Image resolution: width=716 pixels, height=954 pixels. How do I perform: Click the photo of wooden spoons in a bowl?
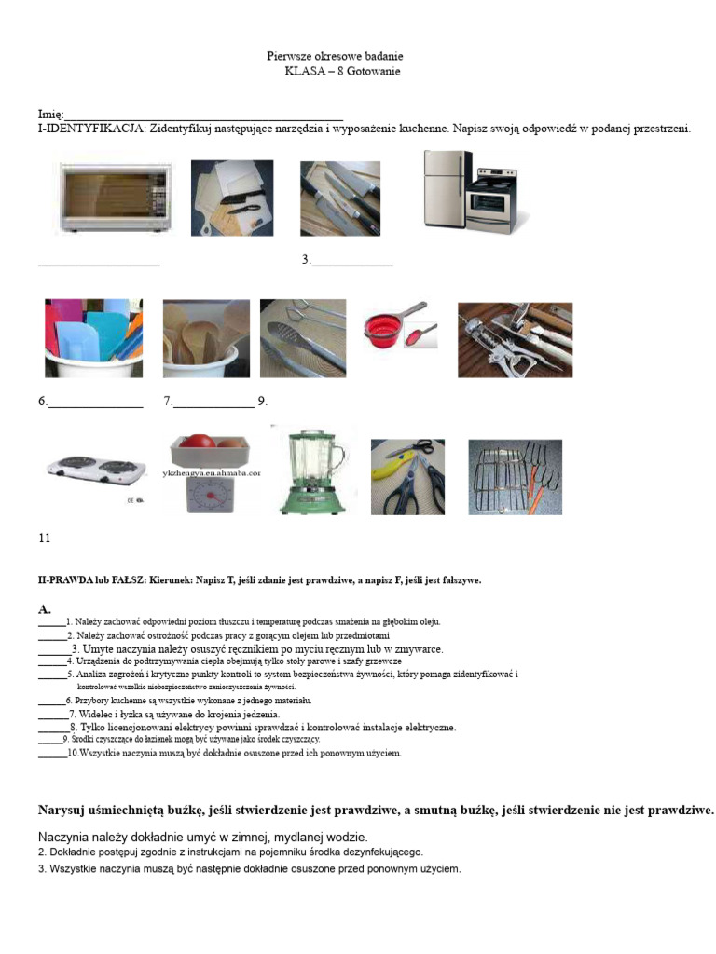pyautogui.click(x=206, y=337)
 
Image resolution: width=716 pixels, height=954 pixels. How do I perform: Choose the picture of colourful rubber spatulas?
pyautogui.click(x=93, y=337)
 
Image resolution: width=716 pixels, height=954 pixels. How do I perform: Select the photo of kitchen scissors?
pyautogui.click(x=407, y=477)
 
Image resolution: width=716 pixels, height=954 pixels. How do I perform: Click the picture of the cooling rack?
pyautogui.click(x=515, y=477)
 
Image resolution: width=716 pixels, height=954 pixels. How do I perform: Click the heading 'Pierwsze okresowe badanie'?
pyautogui.click(x=335, y=57)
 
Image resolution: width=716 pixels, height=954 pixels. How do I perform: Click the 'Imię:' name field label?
pyautogui.click(x=50, y=115)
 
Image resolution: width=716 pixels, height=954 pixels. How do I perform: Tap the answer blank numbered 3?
pyautogui.click(x=352, y=261)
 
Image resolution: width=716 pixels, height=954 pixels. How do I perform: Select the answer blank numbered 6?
pyautogui.click(x=95, y=402)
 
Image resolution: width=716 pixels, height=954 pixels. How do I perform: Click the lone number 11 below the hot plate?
pyautogui.click(x=44, y=538)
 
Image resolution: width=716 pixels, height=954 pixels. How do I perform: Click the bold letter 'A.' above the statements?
pyautogui.click(x=45, y=608)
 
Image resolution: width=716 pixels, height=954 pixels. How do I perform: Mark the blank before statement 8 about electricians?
pyautogui.click(x=52, y=728)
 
